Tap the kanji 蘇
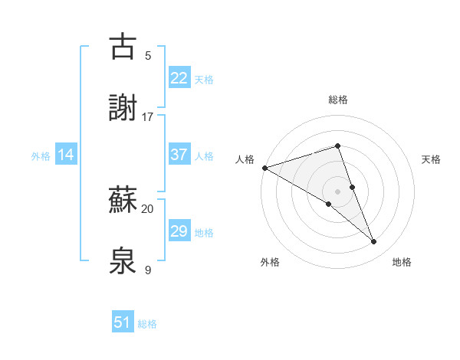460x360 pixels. (x=123, y=201)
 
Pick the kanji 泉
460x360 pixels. (x=123, y=262)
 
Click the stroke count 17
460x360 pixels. (x=148, y=117)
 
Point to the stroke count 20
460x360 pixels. (x=148, y=208)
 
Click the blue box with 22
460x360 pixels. (x=179, y=77)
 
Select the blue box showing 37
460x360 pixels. (x=179, y=155)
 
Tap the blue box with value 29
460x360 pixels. (x=179, y=231)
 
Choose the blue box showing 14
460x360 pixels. (x=66, y=155)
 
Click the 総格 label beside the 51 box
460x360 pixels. (x=147, y=324)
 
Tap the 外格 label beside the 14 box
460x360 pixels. (x=41, y=156)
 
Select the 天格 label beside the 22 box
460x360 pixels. (x=204, y=79)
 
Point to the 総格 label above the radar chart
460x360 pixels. (x=338, y=100)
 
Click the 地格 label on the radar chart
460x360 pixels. (x=402, y=262)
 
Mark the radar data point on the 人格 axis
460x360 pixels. (x=264, y=168)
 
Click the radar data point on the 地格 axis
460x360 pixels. (x=374, y=242)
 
